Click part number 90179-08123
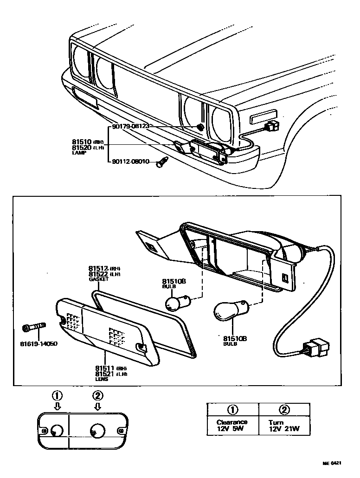coord(131,126)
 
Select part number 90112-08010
coord(131,162)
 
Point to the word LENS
coord(102,379)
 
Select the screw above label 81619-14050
coord(34,328)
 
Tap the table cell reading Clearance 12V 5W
coord(232,425)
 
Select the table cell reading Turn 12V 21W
coord(283,426)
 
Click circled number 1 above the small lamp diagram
coord(57,396)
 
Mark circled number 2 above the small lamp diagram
coord(97,396)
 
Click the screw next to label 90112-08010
coord(162,163)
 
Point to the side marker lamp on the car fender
coord(263,117)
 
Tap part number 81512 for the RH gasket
coord(98,268)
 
